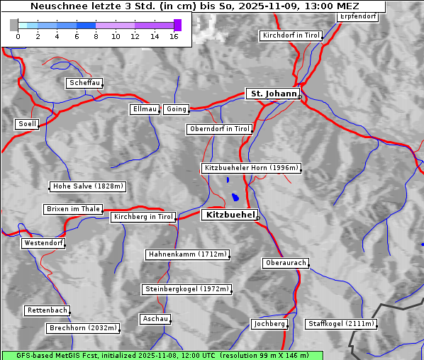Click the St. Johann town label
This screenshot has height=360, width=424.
(272, 94)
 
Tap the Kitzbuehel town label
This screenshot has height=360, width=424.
(228, 215)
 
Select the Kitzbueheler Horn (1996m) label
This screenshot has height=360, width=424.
(251, 169)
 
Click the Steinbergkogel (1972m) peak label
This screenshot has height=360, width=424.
(186, 289)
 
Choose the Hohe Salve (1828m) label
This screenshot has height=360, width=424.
(88, 186)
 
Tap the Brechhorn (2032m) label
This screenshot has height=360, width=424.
(83, 328)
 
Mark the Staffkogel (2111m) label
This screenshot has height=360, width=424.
(340, 324)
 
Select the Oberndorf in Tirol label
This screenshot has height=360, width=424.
(220, 129)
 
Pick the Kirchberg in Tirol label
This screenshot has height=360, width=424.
(143, 217)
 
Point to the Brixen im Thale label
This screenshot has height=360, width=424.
(73, 209)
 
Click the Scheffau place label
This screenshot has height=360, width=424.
(84, 83)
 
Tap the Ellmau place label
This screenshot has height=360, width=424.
(144, 109)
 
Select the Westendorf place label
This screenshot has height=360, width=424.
(43, 243)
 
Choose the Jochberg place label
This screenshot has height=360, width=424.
(269, 324)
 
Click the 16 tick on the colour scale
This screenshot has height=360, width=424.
(174, 36)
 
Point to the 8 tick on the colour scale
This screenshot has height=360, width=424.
(96, 36)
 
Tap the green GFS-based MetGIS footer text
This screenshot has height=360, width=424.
(162, 355)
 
